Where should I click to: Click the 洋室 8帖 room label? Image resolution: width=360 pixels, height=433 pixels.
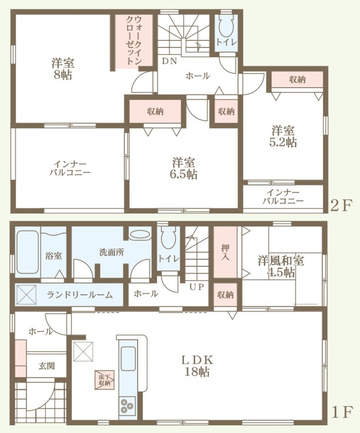click(62, 69)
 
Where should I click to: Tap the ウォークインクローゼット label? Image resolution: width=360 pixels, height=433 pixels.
click(134, 40)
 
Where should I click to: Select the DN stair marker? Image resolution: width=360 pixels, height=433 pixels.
click(170, 61)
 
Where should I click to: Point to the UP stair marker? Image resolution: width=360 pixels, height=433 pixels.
click(197, 287)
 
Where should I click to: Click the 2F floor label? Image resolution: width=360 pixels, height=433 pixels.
click(342, 205)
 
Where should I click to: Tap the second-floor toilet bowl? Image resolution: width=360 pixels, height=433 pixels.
click(226, 26)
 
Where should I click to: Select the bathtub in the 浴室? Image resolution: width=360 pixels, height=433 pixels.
click(28, 252)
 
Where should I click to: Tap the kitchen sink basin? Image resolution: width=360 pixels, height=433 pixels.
click(128, 359)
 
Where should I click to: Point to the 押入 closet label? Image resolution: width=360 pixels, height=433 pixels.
click(225, 252)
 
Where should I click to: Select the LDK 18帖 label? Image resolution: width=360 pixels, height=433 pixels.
click(197, 366)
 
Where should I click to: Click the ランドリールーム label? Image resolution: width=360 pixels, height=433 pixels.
click(80, 295)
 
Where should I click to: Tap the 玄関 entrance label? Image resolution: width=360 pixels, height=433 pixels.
click(47, 366)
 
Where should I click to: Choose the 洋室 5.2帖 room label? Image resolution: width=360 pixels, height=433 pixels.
click(283, 136)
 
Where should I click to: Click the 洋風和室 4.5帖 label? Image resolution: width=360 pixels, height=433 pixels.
click(281, 266)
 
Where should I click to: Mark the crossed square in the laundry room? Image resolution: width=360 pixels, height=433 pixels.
click(26, 295)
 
